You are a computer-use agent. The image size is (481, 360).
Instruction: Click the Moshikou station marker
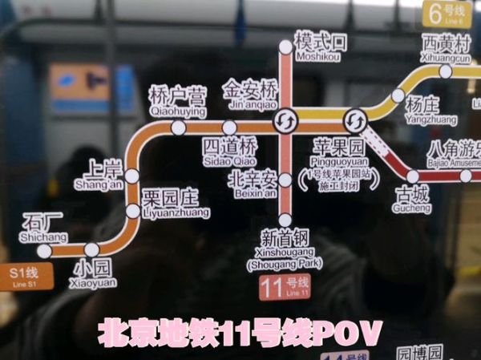click(x=285, y=47)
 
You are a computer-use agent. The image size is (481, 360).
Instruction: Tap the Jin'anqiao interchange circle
click(x=285, y=122)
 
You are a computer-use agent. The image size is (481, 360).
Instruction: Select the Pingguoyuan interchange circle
click(x=354, y=122)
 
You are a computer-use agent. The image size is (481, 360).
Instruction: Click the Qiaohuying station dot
click(x=179, y=127)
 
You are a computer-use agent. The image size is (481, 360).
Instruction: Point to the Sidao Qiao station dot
click(x=230, y=127)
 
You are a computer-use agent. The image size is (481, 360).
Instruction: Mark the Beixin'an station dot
click(x=285, y=172)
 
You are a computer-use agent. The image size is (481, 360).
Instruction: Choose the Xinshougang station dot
click(x=285, y=220)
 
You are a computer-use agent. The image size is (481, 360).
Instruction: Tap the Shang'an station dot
click(x=132, y=176)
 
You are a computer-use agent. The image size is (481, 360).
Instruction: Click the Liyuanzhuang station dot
click(x=132, y=211)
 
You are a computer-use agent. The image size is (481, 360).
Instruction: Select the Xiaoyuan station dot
click(x=92, y=249)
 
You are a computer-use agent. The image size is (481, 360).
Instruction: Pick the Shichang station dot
click(x=44, y=251)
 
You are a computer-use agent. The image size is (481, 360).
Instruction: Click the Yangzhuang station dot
click(x=398, y=95)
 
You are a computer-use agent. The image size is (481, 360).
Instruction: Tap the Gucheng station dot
click(x=412, y=176)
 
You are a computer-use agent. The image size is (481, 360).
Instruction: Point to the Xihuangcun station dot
click(x=446, y=71)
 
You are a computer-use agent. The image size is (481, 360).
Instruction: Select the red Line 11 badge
click(x=285, y=286)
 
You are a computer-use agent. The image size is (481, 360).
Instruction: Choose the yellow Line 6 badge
click(x=447, y=14)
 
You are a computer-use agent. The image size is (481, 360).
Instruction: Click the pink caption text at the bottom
click(x=240, y=333)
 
